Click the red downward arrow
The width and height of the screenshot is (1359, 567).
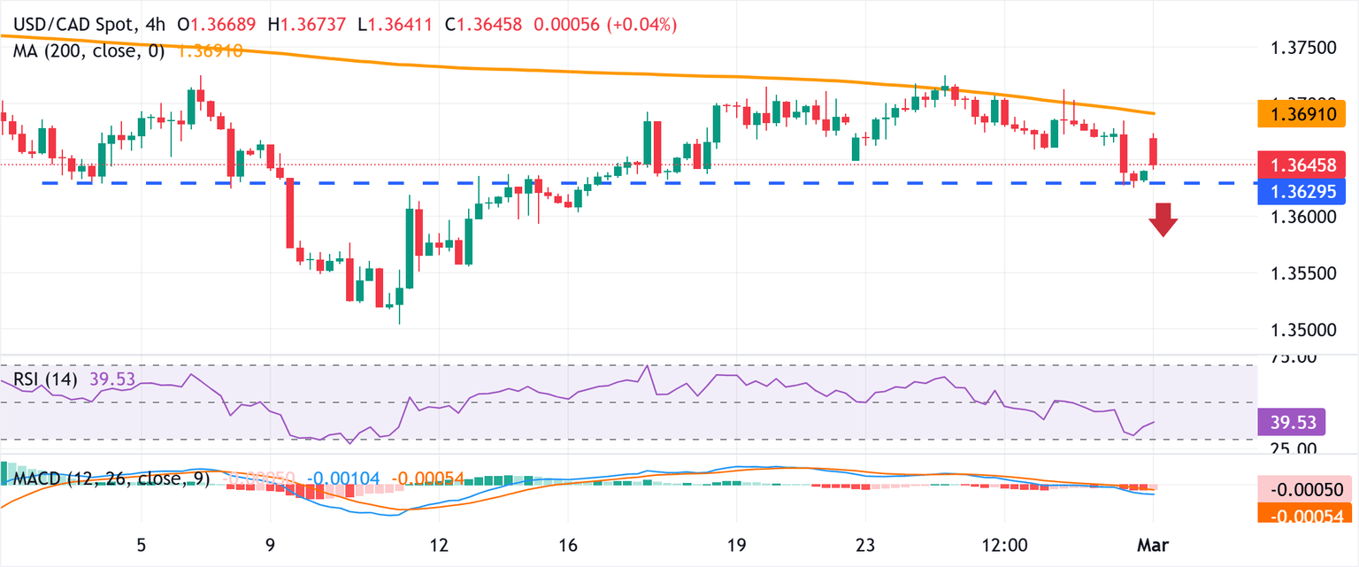(x=1163, y=219)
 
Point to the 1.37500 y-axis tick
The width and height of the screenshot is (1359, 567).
(x=1306, y=47)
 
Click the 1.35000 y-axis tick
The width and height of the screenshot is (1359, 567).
(x=1306, y=330)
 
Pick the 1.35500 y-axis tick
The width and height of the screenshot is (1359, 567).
(x=1306, y=273)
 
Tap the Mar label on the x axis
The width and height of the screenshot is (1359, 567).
(x=1153, y=545)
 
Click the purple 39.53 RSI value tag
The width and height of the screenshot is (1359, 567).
(x=1291, y=423)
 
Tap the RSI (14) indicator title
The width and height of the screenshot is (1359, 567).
(x=45, y=379)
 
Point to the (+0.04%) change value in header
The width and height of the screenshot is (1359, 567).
(x=644, y=25)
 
